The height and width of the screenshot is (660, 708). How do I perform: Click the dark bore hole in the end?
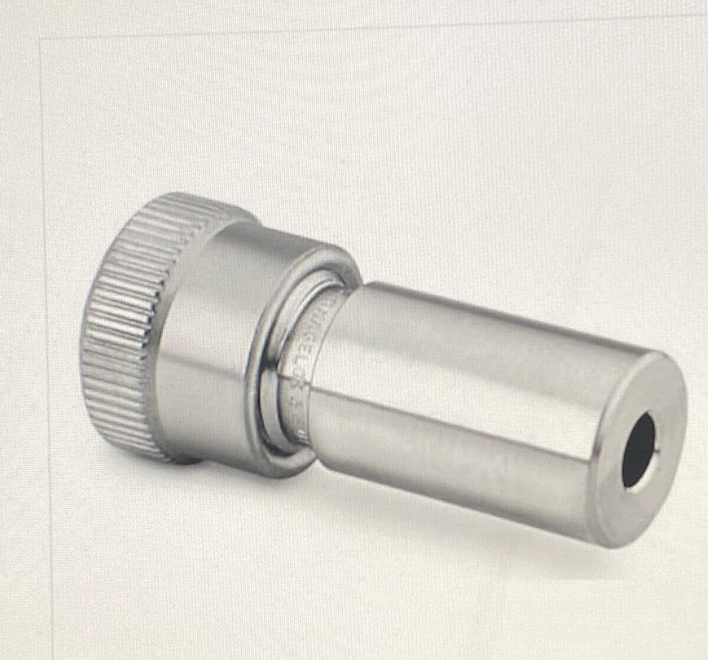[639, 450]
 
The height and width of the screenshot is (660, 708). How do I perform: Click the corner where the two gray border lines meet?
[41, 33]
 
